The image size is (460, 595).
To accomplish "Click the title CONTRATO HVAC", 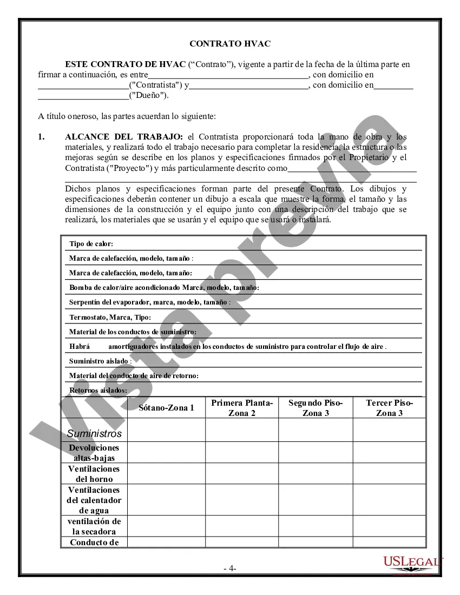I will (x=229, y=43).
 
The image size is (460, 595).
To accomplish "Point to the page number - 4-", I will (x=229, y=568).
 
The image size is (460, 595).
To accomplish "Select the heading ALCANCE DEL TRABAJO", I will (x=124, y=137).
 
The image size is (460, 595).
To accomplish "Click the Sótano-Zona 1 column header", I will (x=166, y=408).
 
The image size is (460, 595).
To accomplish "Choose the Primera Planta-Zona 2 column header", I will (x=242, y=408).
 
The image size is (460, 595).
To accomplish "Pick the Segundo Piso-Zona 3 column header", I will (x=316, y=408).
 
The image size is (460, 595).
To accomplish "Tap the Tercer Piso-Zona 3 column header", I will (x=389, y=408).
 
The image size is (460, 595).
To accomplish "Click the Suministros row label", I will (x=94, y=433).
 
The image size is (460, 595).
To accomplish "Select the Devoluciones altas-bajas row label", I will (x=94, y=453).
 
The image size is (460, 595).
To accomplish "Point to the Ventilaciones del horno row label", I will (x=94, y=474).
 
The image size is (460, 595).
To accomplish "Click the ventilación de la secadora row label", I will (x=94, y=526).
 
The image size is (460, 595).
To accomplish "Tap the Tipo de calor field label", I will (x=91, y=244).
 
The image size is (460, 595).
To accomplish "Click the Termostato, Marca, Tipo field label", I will (x=110, y=317).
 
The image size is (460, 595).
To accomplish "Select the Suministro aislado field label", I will (x=100, y=361).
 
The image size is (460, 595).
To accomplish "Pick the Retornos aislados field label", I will (x=98, y=390).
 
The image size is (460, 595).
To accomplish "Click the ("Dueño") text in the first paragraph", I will (x=148, y=96).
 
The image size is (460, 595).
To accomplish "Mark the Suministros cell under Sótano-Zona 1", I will (x=166, y=430).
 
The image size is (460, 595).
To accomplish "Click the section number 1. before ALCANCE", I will (x=41, y=137).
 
